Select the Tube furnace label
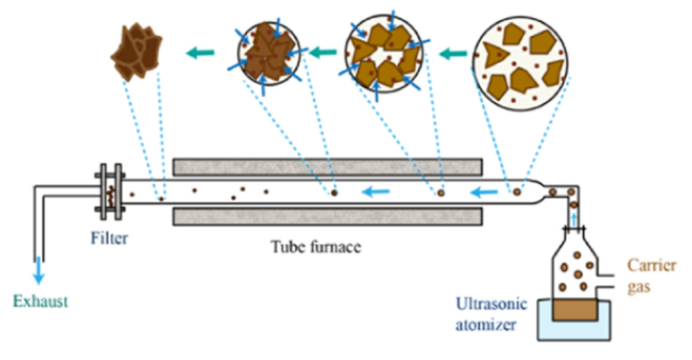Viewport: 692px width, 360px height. point(317,246)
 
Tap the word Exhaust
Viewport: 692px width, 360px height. point(40,302)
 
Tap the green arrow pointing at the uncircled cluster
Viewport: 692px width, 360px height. point(200,55)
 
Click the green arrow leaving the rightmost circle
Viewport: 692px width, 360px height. point(453,55)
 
